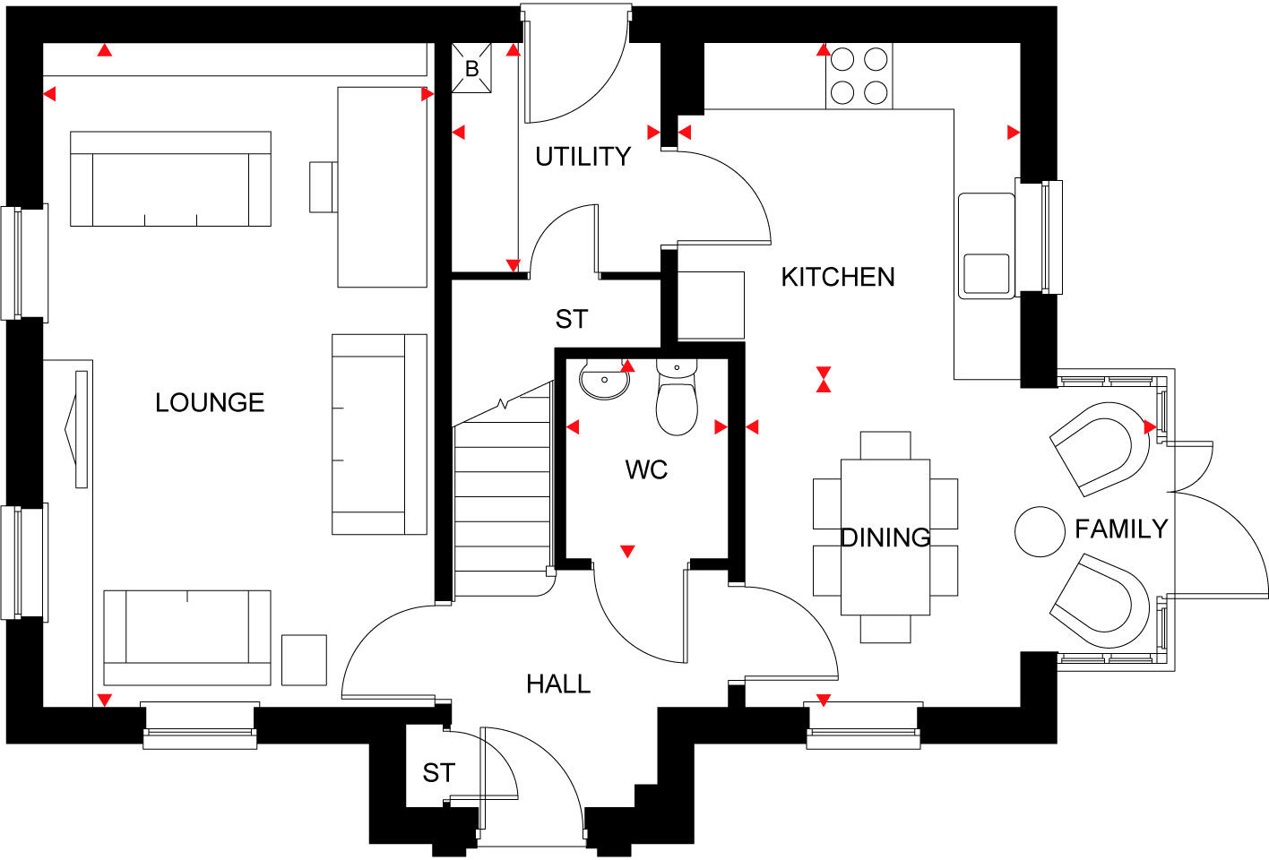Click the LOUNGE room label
(210, 403)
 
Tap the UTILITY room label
(583, 157)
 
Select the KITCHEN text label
(837, 277)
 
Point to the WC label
(646, 469)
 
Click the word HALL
(558, 684)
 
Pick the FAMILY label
(1120, 529)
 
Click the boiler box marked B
(471, 68)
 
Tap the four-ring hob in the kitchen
(859, 76)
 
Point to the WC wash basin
(604, 380)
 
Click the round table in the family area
(1040, 531)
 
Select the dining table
(885, 537)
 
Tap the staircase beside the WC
(502, 502)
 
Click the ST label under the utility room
(571, 319)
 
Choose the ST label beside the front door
(438, 772)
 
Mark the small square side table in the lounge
(304, 659)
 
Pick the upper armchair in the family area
(1101, 447)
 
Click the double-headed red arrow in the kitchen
(824, 379)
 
